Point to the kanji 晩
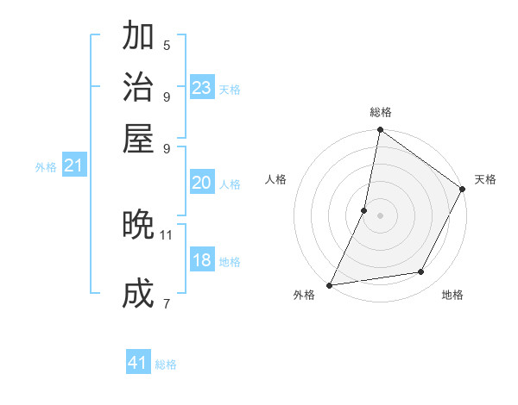(139, 225)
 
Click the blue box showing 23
(202, 88)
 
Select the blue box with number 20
(202, 183)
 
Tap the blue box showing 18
(202, 260)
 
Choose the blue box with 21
(73, 166)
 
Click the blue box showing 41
(138, 363)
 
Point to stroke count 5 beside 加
(167, 45)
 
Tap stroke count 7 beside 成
(167, 303)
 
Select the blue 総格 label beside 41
(166, 364)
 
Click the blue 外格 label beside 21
(46, 167)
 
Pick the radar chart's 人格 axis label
(276, 179)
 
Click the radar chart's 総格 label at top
(380, 112)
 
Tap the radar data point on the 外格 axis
(330, 284)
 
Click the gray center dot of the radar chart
(380, 215)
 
